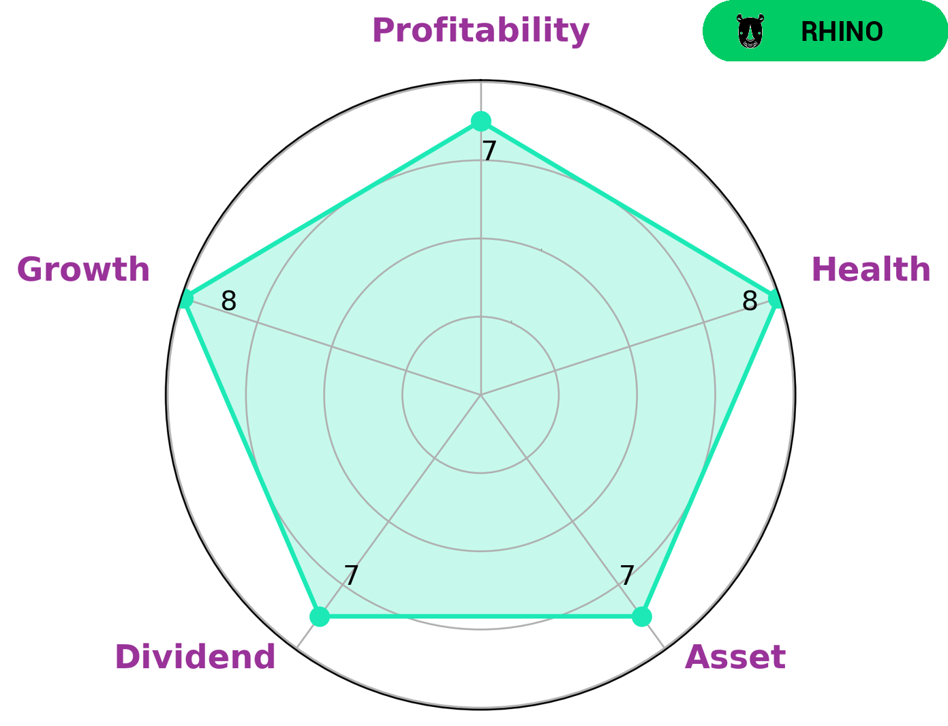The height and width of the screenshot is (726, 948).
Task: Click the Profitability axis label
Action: tap(480, 31)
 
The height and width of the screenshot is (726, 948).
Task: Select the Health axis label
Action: tap(870, 270)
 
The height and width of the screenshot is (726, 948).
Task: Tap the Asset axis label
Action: tap(735, 658)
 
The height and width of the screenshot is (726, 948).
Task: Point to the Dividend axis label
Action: tap(195, 658)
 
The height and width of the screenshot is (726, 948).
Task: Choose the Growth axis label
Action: tap(83, 270)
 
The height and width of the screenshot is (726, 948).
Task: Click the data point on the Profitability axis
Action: tap(481, 122)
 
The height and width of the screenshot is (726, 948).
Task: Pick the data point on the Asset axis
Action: tap(641, 616)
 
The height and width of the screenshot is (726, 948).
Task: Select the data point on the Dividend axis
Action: tap(320, 616)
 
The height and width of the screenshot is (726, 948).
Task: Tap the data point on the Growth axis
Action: tap(185, 299)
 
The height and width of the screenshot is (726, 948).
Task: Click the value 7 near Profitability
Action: tap(489, 151)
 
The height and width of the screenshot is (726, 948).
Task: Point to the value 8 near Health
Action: tap(750, 301)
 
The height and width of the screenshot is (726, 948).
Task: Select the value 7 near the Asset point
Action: tap(627, 576)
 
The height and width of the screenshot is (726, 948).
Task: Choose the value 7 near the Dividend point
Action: tap(350, 576)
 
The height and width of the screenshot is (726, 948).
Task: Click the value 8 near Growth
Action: tap(228, 301)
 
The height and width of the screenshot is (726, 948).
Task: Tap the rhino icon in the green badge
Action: tap(750, 32)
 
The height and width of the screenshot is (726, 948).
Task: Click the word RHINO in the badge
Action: tap(841, 32)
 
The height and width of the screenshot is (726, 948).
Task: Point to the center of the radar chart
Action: tap(481, 395)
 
